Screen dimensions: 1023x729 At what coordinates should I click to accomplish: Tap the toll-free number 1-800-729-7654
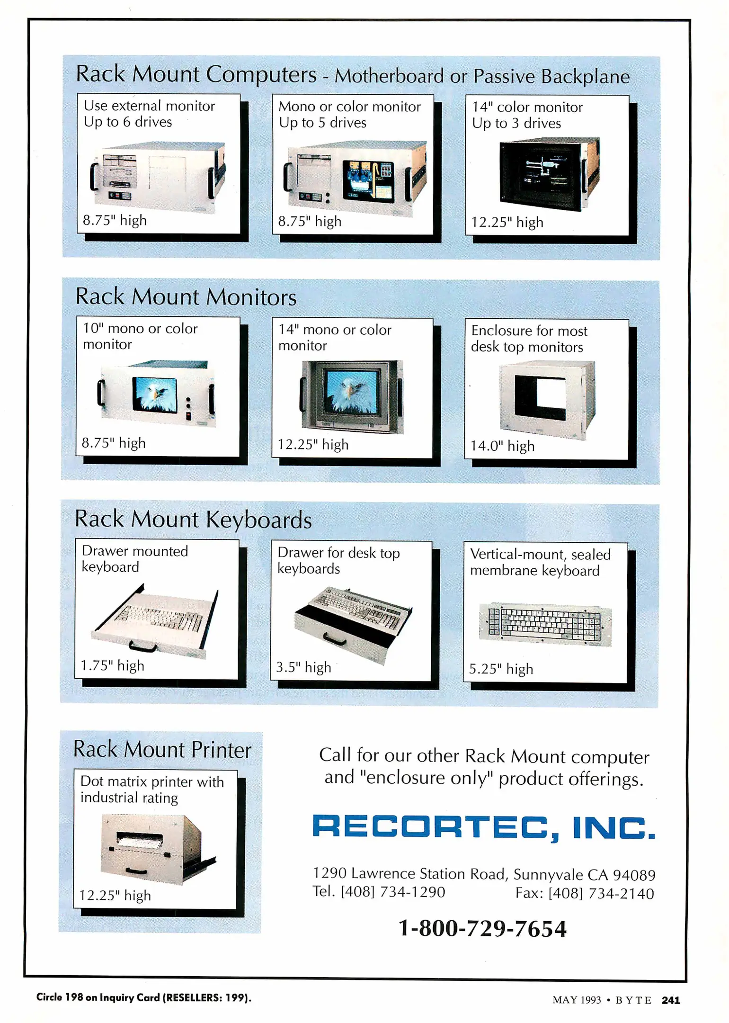coord(482,928)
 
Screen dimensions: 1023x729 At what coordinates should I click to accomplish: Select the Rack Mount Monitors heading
coord(186,297)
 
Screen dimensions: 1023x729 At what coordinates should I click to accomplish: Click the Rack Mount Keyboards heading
coord(193,520)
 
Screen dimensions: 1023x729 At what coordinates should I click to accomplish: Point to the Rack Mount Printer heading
coord(162,750)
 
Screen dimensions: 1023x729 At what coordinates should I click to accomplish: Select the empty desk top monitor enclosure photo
coord(547,399)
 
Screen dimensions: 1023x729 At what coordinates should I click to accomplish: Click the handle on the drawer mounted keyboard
coord(142,646)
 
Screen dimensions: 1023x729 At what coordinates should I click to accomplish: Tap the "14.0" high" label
coord(502,446)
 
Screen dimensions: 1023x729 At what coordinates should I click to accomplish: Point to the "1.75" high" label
coord(112,666)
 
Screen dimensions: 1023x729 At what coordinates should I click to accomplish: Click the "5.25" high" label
coord(501,669)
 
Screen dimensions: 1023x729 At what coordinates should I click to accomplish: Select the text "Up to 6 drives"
coord(128,122)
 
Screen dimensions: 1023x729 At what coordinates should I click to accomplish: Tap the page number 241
coord(671,1000)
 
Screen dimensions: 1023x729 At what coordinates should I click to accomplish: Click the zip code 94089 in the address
coord(634,875)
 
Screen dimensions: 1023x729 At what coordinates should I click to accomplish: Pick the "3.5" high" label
coord(303,667)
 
